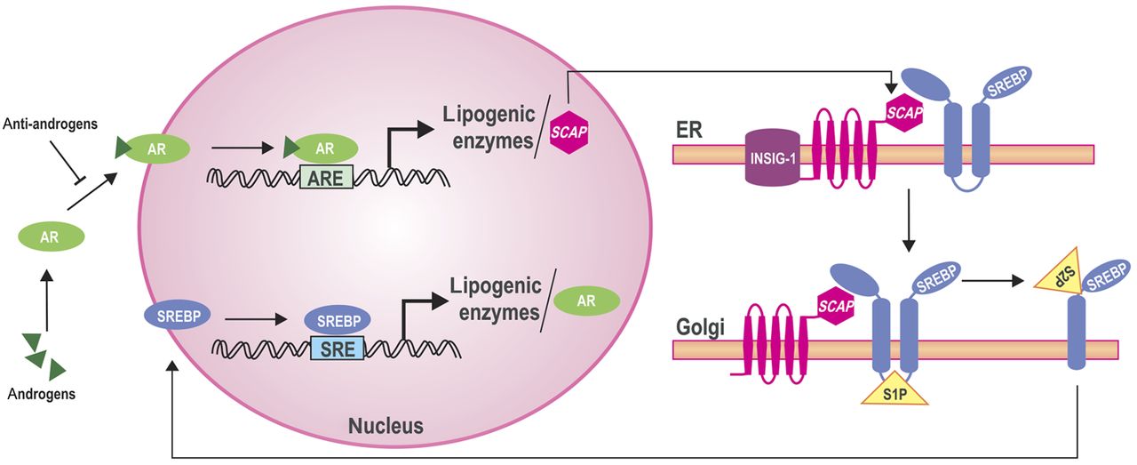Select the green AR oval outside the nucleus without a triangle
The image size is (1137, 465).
[x=52, y=237]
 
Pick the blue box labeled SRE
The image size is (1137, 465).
[x=338, y=347]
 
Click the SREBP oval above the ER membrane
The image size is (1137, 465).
[x=1012, y=86]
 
